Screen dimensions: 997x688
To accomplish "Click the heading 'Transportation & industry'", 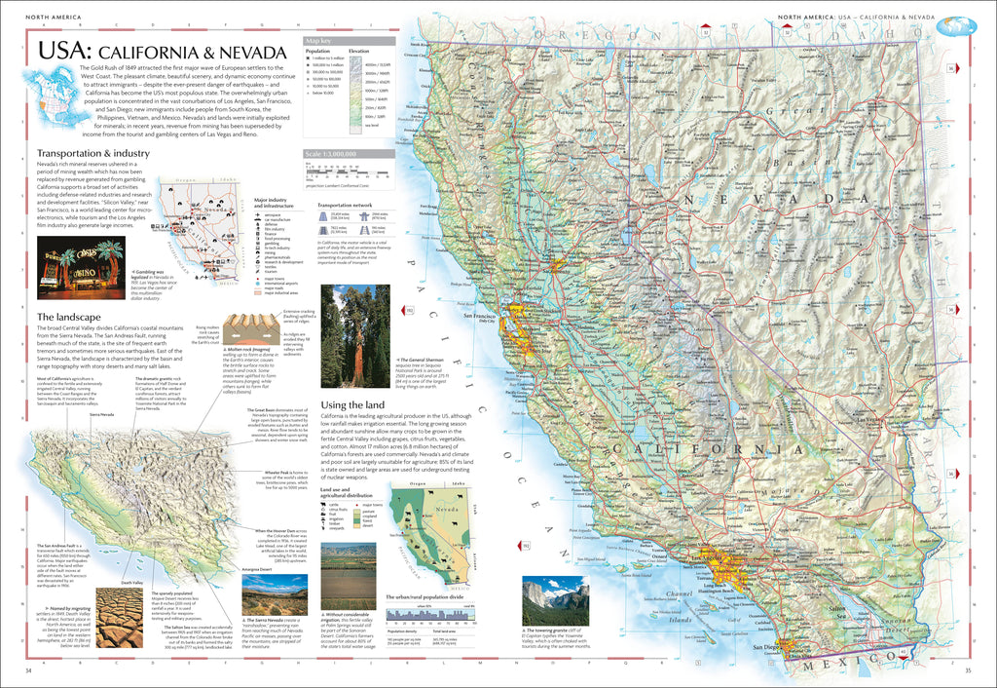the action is click(93, 154).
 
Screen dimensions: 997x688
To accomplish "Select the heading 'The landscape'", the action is click(70, 317).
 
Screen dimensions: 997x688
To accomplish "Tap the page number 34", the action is click(29, 670).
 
